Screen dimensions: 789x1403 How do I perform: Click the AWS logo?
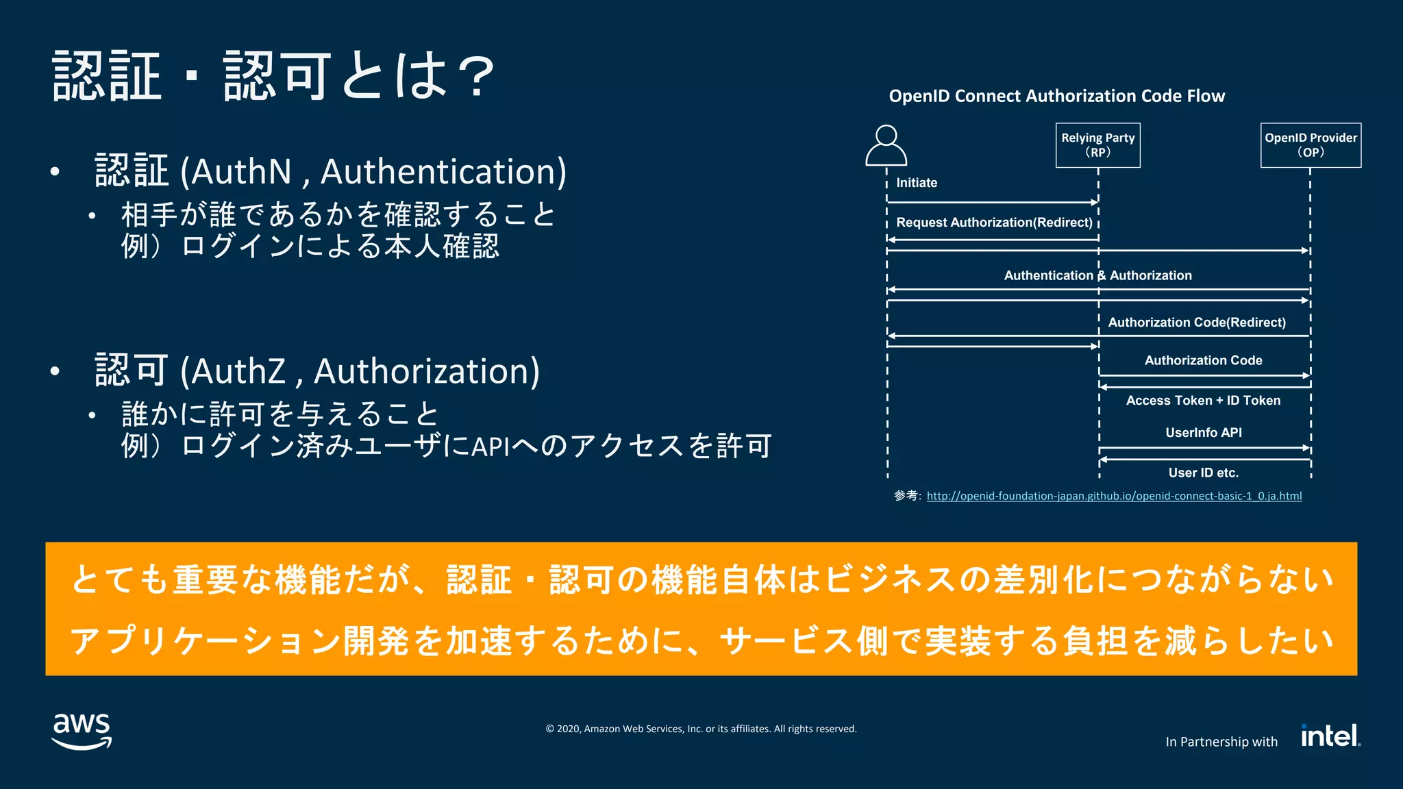(x=82, y=731)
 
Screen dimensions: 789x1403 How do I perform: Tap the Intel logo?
(x=1330, y=736)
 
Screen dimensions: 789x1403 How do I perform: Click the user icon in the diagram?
(x=886, y=145)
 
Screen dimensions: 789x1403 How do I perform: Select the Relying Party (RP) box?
(x=1097, y=145)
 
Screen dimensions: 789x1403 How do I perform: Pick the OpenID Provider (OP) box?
(x=1311, y=145)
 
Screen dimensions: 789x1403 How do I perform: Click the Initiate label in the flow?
(x=917, y=183)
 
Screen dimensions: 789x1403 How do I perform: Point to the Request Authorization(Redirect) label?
(x=994, y=223)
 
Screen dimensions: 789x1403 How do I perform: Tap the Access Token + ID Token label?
(x=1203, y=401)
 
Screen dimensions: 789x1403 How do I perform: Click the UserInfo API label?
(x=1203, y=433)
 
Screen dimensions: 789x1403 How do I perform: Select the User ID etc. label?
(x=1203, y=473)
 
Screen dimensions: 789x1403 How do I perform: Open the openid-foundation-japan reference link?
(x=1114, y=496)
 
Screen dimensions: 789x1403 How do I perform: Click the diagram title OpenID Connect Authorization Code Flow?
(x=1056, y=96)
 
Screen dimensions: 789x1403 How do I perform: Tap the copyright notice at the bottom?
(x=701, y=729)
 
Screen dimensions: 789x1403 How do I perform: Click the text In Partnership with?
(x=1221, y=742)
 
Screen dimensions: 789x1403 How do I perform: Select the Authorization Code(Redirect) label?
(x=1197, y=323)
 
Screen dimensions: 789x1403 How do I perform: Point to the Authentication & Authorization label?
(x=1097, y=275)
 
